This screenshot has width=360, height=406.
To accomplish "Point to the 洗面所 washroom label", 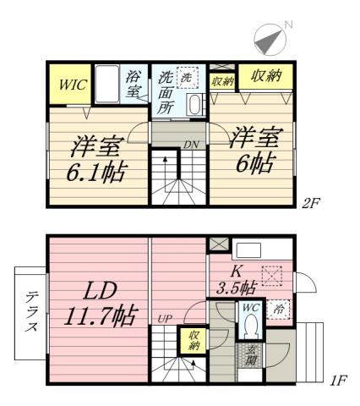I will (x=165, y=91).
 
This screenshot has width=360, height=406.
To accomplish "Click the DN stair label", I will (x=192, y=145).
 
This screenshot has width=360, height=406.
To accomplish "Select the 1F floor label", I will (x=338, y=381).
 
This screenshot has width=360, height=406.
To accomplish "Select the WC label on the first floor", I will (x=249, y=309).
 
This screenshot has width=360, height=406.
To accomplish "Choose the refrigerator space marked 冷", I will (x=280, y=310).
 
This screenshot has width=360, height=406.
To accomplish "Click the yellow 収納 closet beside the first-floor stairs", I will (x=193, y=341).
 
